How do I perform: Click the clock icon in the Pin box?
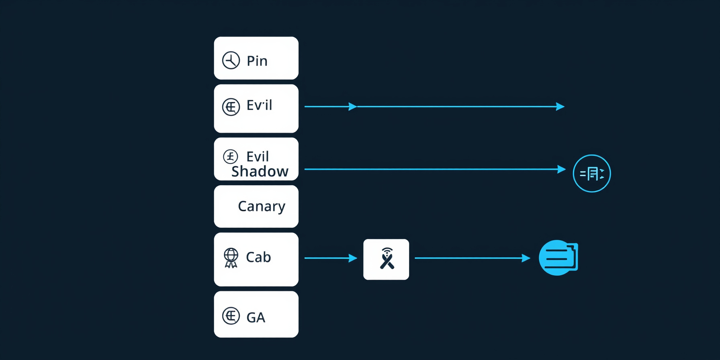point(231,60)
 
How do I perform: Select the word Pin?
point(257,61)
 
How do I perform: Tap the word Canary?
point(262,207)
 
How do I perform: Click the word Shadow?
point(260,171)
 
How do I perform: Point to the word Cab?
point(258,257)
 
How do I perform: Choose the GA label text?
point(256,317)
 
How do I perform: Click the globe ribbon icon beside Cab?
point(231,258)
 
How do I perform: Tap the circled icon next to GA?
point(231,316)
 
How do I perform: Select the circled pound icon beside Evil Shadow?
point(231,156)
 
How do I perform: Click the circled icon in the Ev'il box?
point(231,107)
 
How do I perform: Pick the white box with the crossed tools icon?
point(386,260)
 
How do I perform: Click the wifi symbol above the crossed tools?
point(387,252)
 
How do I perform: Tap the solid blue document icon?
point(558,258)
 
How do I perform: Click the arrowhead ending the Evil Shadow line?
point(562,169)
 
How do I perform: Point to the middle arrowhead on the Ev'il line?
point(353,106)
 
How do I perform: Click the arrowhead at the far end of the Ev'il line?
point(560,106)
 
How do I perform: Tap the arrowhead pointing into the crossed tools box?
point(353,258)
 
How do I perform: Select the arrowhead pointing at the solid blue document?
point(526,258)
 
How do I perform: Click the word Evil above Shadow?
point(258,156)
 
